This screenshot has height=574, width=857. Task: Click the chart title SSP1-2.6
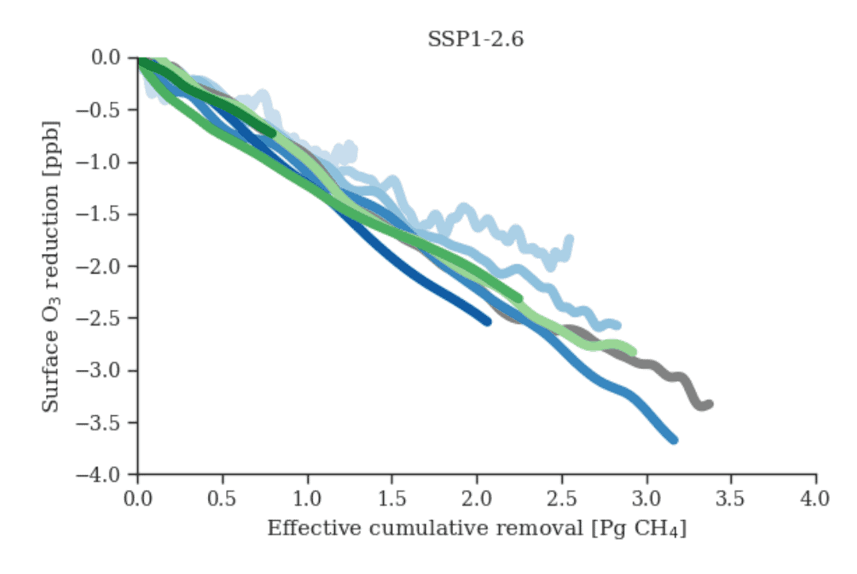475,40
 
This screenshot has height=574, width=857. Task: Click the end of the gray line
709,404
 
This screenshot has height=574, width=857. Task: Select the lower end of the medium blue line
674,439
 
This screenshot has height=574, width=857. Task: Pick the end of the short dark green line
272,133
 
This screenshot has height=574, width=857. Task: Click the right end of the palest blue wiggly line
569,239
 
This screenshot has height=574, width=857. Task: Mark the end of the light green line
632,352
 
